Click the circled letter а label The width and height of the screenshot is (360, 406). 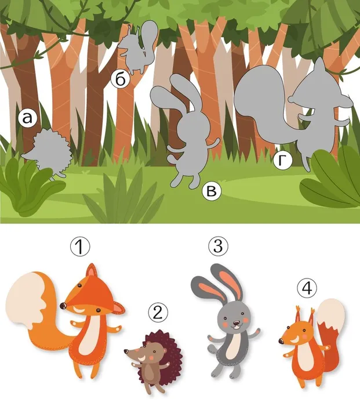[x=28, y=118]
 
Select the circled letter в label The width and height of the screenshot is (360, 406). [x=212, y=191]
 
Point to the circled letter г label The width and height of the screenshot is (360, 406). [x=283, y=160]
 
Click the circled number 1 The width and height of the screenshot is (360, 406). [x=80, y=246]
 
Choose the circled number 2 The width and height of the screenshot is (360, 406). [x=158, y=313]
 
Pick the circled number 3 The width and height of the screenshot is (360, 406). [x=218, y=246]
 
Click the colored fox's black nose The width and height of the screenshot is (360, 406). [x=63, y=306]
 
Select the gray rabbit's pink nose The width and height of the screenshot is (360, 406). [x=236, y=323]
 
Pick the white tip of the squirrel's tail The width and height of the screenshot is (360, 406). [x=331, y=314]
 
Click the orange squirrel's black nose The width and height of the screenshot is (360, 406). [x=281, y=341]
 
